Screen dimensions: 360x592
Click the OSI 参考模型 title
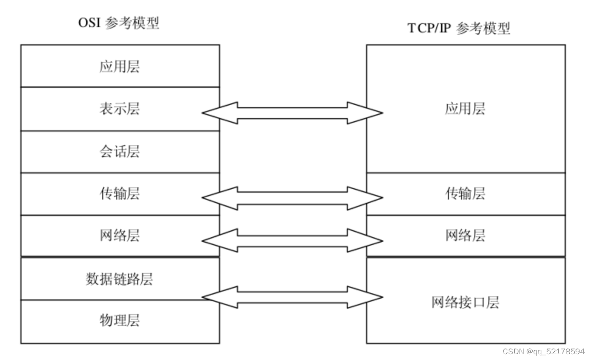(119, 23)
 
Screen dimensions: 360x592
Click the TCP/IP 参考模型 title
(459, 28)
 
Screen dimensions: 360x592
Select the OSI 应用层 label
(120, 66)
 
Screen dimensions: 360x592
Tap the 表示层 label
(120, 109)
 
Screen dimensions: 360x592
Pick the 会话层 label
(120, 152)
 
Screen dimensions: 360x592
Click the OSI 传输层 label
(120, 194)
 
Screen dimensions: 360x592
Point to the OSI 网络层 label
(120, 235)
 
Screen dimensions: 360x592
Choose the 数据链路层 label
(120, 278)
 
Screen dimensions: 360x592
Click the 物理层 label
(120, 320)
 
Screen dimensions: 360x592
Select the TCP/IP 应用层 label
(465, 109)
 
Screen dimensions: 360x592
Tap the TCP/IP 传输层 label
(465, 194)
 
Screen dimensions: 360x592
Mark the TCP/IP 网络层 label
(465, 235)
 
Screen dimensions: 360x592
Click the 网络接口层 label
(465, 302)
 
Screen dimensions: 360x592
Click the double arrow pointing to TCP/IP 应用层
(292, 113)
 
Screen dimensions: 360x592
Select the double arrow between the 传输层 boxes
(292, 198)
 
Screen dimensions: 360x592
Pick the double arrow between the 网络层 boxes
(292, 240)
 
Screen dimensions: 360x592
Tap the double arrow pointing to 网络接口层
(292, 297)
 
